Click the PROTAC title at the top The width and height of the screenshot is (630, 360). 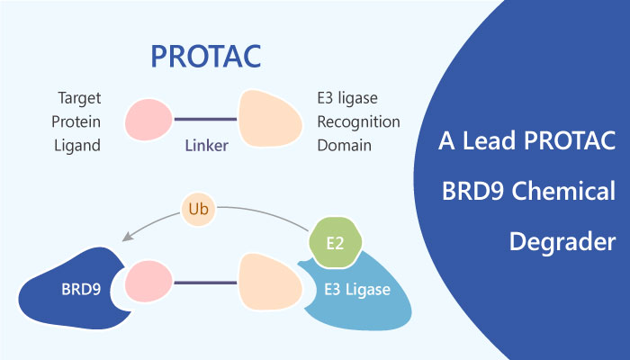click(206, 57)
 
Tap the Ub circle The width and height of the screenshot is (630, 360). click(199, 210)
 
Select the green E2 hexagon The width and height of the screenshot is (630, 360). click(335, 243)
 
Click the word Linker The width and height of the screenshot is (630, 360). click(206, 146)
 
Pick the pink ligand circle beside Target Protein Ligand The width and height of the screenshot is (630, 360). click(148, 120)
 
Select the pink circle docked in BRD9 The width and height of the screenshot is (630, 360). click(148, 281)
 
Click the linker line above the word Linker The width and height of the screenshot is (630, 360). click(205, 120)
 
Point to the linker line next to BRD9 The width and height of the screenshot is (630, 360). click(205, 283)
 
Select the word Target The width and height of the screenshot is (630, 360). click(79, 98)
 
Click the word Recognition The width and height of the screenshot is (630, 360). click(358, 121)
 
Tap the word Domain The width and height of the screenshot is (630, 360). click(345, 146)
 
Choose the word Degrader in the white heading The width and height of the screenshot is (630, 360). click(562, 242)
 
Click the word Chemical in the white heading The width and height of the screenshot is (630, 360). click(563, 191)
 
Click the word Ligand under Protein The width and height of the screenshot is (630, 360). click(77, 146)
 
